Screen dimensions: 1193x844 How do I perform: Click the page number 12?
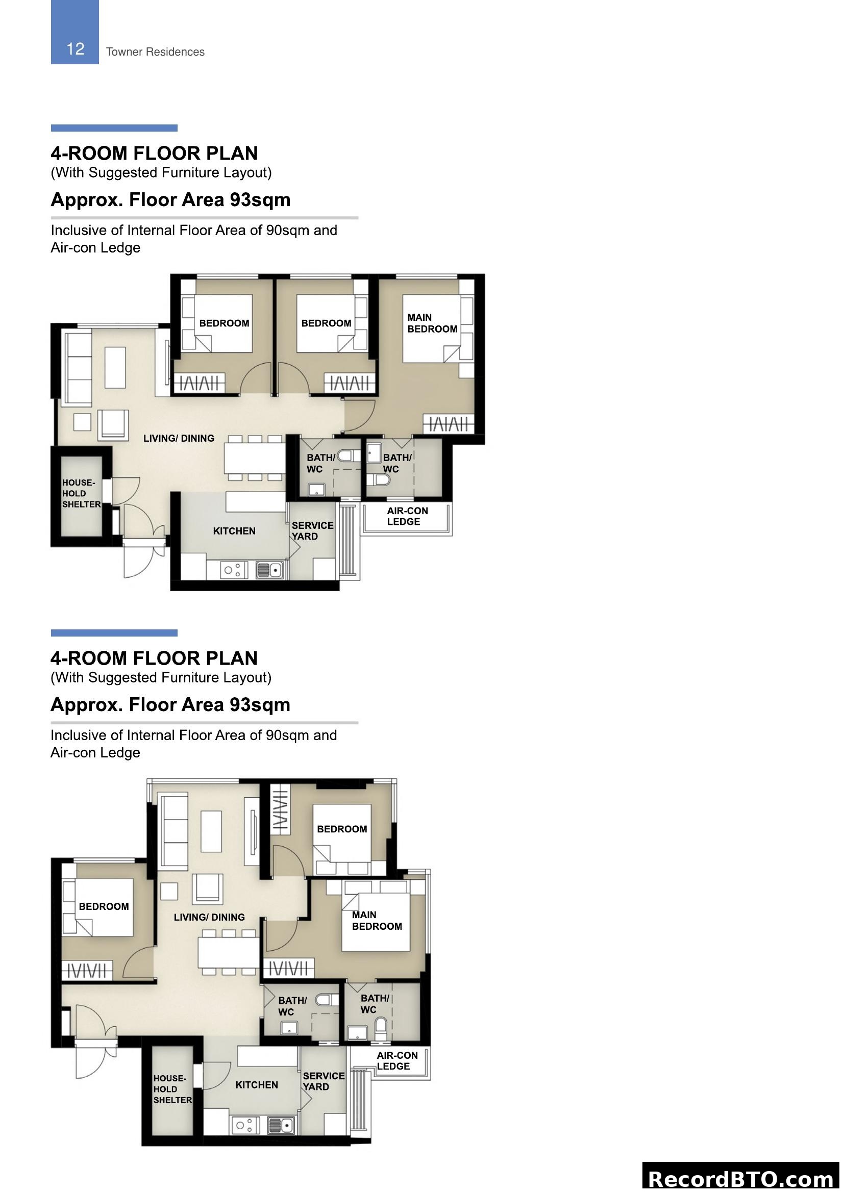(76, 49)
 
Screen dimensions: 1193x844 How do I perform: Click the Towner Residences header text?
(155, 52)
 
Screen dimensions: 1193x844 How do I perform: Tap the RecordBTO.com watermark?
(740, 1178)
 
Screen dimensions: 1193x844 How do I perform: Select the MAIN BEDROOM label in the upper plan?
(432, 323)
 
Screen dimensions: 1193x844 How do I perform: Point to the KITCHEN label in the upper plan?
(234, 531)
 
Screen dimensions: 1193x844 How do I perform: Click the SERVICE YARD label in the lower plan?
(323, 1081)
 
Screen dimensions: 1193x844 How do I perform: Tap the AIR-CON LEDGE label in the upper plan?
(407, 516)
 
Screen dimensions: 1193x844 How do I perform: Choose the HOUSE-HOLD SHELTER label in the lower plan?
(172, 1089)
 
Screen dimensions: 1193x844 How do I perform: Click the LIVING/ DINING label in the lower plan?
(209, 917)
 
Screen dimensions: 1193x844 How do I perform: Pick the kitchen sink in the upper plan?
(269, 570)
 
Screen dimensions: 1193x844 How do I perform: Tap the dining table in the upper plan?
(255, 458)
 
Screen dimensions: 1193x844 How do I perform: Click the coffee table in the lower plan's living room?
(211, 831)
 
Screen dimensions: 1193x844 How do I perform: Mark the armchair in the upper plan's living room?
(113, 425)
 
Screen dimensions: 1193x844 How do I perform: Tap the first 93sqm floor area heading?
(170, 199)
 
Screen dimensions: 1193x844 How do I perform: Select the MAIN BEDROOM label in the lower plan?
(376, 921)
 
